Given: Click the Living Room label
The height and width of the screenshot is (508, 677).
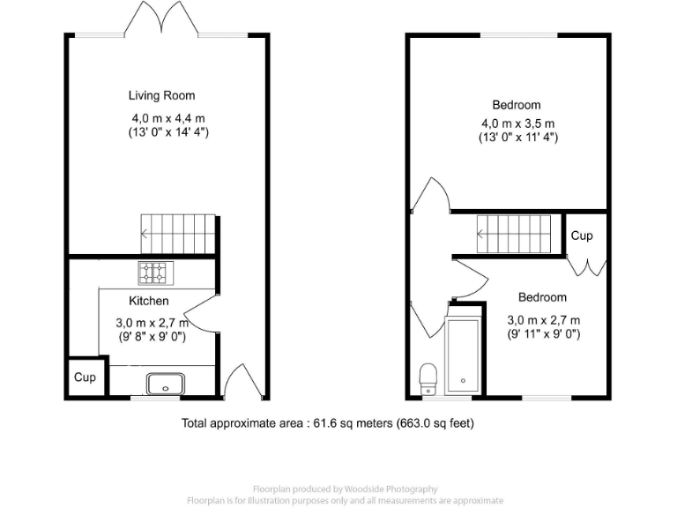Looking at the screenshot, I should point(161,95).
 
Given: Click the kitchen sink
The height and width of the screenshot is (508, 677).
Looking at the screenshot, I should point(165,384).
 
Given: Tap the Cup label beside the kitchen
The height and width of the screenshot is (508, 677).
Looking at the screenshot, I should point(85,377).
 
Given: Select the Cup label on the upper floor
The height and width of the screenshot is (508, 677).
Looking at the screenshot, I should point(582,235).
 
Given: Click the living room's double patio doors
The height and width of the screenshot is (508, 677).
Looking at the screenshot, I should point(164,20).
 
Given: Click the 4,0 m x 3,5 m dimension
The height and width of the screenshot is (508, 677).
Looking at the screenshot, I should point(517,123).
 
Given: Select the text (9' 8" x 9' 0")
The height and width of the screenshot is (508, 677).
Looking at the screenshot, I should point(155,336).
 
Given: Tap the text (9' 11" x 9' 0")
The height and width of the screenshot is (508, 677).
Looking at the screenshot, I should point(543,334).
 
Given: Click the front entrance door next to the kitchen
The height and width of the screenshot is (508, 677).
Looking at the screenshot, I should point(235,381).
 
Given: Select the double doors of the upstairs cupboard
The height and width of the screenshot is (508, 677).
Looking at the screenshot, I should point(586,266).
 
